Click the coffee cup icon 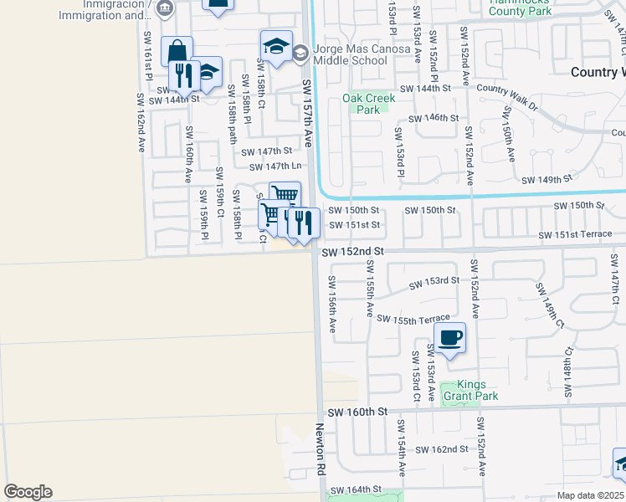pos(450,338)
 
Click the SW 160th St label pos(358,412)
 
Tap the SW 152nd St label pos(351,251)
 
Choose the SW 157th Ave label pos(307,114)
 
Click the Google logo pos(28,492)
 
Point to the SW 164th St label pos(356,489)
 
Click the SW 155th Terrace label pos(413,320)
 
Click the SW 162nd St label pos(443,449)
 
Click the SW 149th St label pos(546,180)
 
